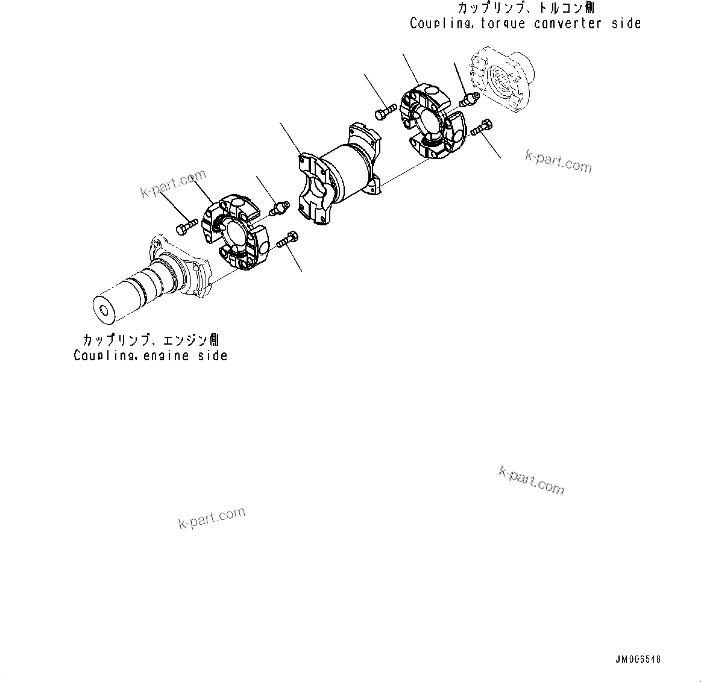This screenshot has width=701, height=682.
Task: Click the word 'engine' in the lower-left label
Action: click(x=167, y=355)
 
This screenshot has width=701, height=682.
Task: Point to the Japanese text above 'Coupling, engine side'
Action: click(x=151, y=340)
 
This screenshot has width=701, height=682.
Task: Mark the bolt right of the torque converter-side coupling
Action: click(x=482, y=128)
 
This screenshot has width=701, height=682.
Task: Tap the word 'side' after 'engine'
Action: click(x=213, y=355)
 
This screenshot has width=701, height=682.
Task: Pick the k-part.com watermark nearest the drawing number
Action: click(x=531, y=480)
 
